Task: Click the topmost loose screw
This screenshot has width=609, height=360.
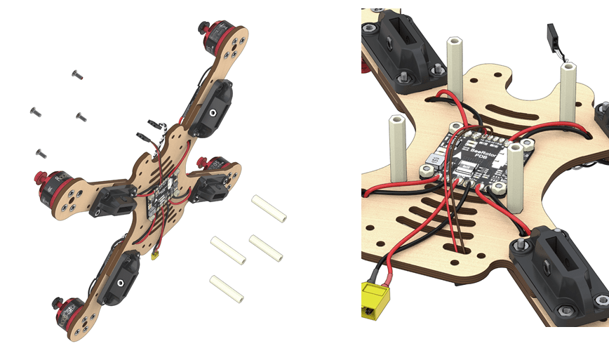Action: (x=77, y=74)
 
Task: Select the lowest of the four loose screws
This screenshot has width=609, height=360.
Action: (x=41, y=152)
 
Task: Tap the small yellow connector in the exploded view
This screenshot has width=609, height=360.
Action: (x=155, y=256)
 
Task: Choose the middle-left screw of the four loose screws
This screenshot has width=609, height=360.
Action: (x=34, y=111)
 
